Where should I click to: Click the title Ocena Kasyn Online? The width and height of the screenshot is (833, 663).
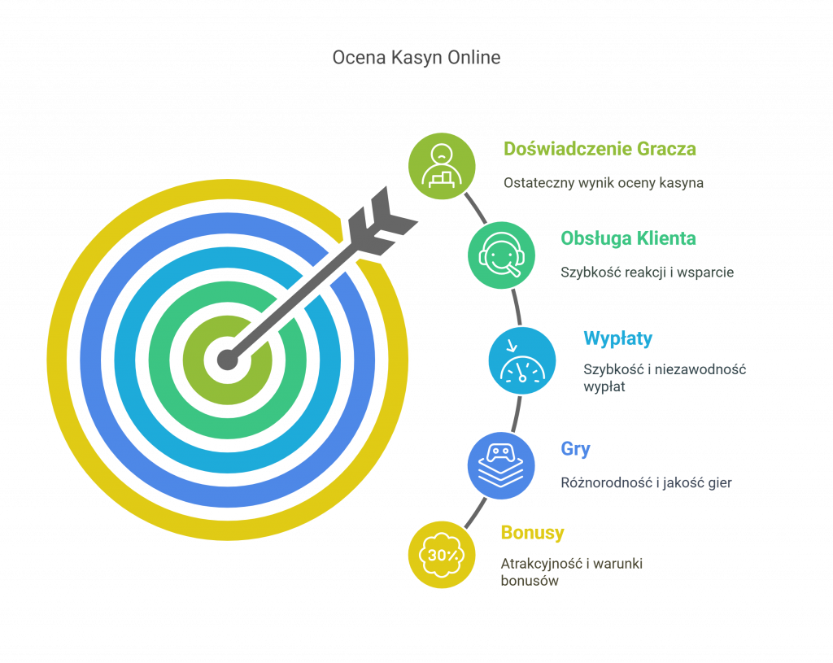click(416, 58)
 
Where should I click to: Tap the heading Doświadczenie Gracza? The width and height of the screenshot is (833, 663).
click(600, 149)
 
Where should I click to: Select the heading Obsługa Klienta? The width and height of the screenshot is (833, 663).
click(629, 238)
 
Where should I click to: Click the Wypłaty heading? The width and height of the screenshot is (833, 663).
click(618, 338)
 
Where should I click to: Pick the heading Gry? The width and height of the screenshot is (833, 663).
click(575, 449)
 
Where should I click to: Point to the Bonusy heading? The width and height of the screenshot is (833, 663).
click(532, 532)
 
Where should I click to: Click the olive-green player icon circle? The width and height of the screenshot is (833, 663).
click(442, 166)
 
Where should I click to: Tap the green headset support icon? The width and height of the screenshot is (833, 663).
click(501, 255)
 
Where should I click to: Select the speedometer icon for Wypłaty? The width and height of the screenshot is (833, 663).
click(522, 360)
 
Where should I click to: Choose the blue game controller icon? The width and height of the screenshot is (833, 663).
click(501, 466)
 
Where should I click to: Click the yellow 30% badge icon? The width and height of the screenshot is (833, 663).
click(442, 555)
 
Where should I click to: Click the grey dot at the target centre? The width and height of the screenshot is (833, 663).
click(228, 360)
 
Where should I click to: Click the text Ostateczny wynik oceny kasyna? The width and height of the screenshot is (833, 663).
click(604, 183)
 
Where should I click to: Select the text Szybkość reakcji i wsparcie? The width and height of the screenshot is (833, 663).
click(647, 272)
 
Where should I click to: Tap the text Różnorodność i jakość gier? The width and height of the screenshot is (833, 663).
click(646, 482)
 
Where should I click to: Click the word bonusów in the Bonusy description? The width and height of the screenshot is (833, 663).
click(530, 581)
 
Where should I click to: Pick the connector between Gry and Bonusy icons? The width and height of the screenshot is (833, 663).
click(475, 513)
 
